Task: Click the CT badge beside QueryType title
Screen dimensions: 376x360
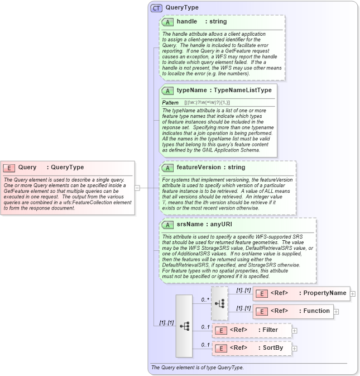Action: pyautogui.click(x=157, y=8)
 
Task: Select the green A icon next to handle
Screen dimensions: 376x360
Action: pyautogui.click(x=167, y=22)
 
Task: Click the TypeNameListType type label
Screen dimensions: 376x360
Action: pyautogui.click(x=243, y=90)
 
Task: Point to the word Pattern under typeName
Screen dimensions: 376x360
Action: pyautogui.click(x=170, y=103)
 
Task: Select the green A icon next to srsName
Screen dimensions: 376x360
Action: pyautogui.click(x=167, y=224)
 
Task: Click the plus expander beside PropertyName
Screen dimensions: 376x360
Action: pyautogui.click(x=353, y=293)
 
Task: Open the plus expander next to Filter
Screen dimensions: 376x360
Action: pyautogui.click(x=295, y=330)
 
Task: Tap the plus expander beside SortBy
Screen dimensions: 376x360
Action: pyautogui.click(x=295, y=349)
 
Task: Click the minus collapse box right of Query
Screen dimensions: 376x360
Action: pyautogui.click(x=137, y=188)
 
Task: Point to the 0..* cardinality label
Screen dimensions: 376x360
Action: pyautogui.click(x=205, y=299)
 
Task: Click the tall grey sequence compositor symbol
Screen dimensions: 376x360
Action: pyautogui.click(x=184, y=326)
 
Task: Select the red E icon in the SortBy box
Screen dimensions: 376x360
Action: pyautogui.click(x=221, y=348)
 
